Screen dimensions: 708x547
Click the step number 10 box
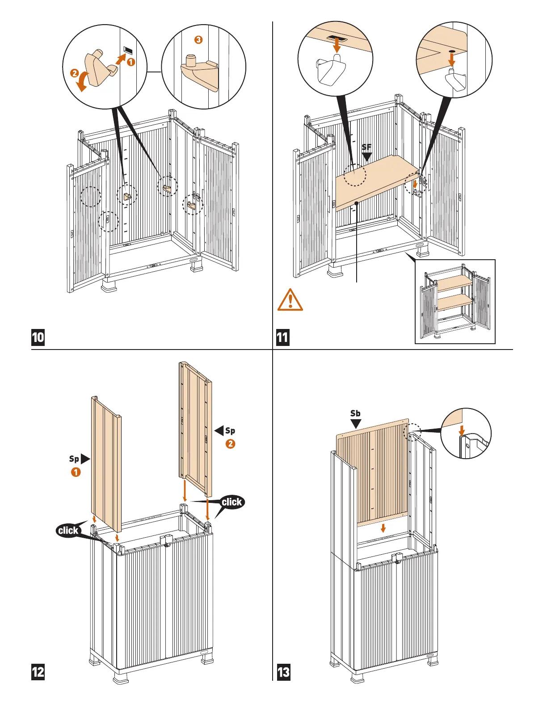(38, 337)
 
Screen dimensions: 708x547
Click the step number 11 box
(282, 337)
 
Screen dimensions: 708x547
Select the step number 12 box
(38, 672)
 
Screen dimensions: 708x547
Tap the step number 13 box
(283, 672)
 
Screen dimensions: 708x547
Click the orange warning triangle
(290, 300)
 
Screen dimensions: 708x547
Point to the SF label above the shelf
(366, 147)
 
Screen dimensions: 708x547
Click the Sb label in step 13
(355, 413)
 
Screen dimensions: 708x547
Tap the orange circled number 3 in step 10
(198, 40)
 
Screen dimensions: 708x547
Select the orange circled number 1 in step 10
(130, 62)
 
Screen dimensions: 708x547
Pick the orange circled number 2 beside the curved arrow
(75, 73)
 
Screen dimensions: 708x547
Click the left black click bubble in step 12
(68, 531)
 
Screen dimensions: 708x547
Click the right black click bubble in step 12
(232, 502)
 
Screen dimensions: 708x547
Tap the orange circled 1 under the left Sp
(76, 472)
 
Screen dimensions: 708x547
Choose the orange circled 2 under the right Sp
(230, 444)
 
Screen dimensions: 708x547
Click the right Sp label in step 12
(230, 430)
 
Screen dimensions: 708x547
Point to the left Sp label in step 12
(74, 459)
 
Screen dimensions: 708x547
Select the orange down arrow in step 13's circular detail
(462, 430)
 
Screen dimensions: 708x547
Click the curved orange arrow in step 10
(83, 82)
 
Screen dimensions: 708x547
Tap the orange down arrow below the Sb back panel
(383, 528)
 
